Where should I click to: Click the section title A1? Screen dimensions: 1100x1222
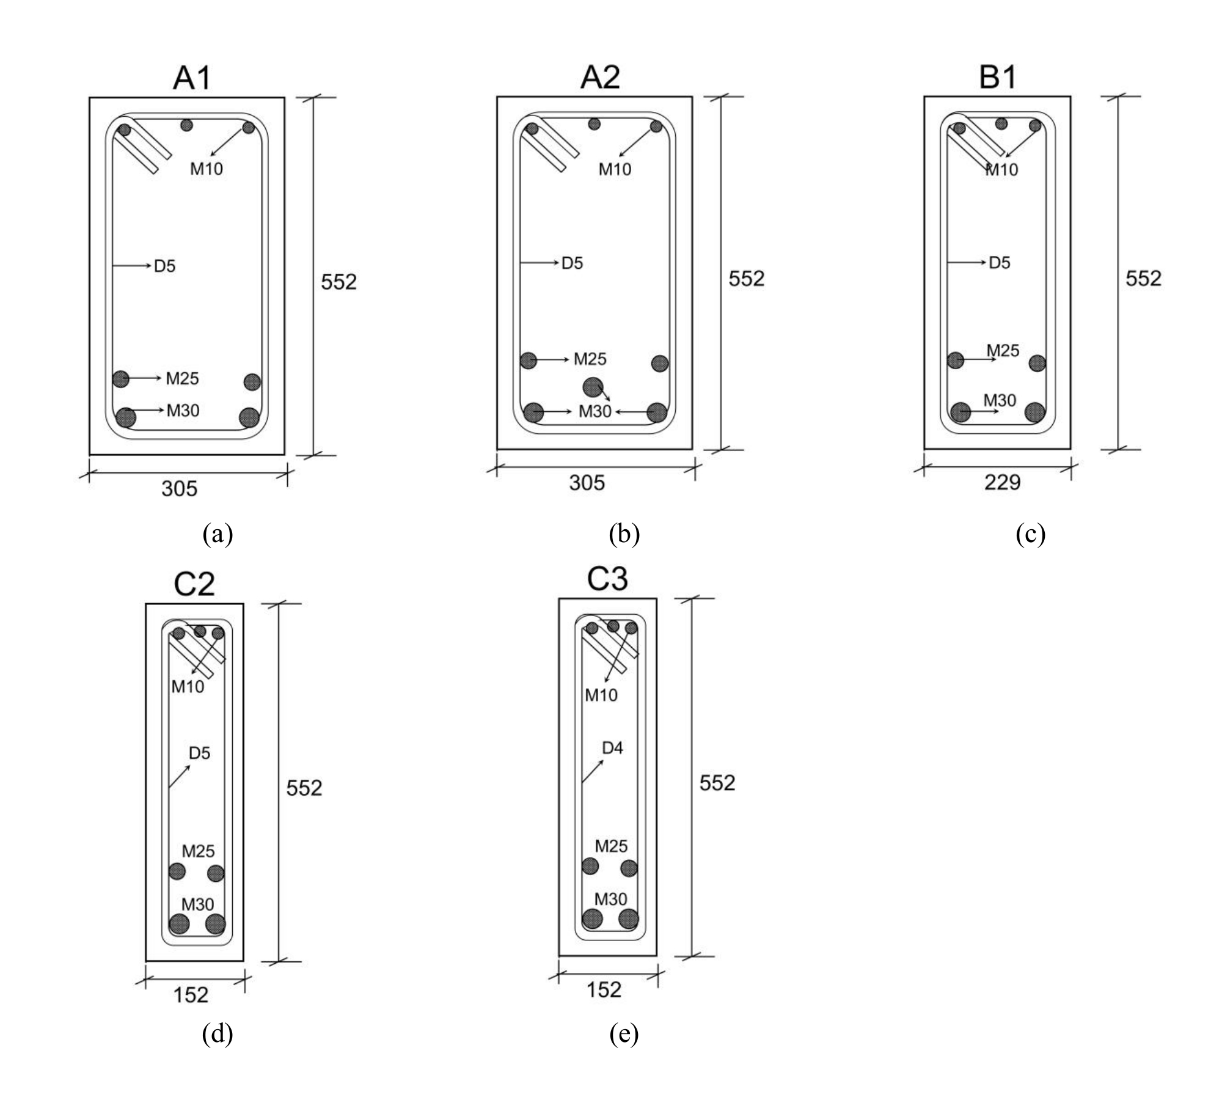[x=192, y=78]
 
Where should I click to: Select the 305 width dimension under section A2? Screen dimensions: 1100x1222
[x=587, y=483]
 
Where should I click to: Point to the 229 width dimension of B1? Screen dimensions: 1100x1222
[x=1002, y=483]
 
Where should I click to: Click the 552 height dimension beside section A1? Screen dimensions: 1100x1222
[x=338, y=282]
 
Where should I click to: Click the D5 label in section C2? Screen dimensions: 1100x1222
[x=199, y=753]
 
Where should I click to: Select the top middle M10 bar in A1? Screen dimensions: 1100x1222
[x=186, y=125]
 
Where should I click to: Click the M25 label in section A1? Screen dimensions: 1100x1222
[x=182, y=379]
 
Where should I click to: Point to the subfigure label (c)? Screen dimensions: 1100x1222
[x=1031, y=534]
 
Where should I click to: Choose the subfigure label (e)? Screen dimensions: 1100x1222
[x=624, y=1034]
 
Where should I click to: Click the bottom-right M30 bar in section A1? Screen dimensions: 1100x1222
[x=249, y=418]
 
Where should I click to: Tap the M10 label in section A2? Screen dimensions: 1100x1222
[x=615, y=169]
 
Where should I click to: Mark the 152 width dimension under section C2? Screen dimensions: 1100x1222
[x=191, y=995]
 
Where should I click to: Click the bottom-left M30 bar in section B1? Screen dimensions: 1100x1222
[x=960, y=412]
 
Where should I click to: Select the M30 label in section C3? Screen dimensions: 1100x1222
[x=610, y=899]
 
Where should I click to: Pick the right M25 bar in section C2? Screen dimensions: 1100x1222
[x=216, y=873]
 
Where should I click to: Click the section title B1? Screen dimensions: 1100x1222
[x=998, y=78]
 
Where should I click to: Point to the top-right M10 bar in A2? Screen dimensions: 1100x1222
[x=656, y=127]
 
